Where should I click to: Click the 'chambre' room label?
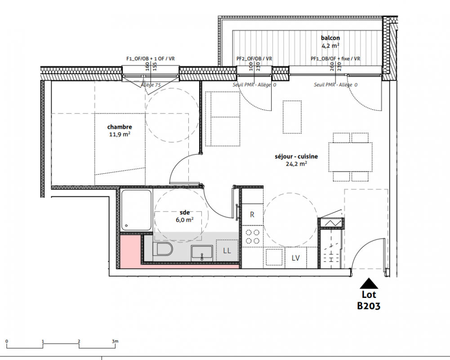pos(120,127)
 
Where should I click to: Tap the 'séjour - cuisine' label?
pos(296,157)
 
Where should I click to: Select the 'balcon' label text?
pos(330,38)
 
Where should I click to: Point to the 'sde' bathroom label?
pos(184,212)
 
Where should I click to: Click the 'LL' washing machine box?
pos(227,251)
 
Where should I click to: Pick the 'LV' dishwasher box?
pos(296,258)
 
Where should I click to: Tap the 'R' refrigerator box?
pos(252,214)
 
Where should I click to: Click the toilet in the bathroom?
pos(162,248)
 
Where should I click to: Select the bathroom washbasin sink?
pos(202,253)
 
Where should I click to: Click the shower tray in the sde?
pos(136,210)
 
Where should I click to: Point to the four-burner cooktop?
pos(253,236)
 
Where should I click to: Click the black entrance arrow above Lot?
pos(369,283)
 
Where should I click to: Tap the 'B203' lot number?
pos(369,306)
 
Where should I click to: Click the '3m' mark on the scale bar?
pos(115,341)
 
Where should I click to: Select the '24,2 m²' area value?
pos(296,164)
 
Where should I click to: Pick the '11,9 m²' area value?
pos(120,134)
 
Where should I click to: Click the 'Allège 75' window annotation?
pos(151,85)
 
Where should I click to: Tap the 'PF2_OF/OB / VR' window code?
pos(254,58)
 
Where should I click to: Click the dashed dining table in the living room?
pos(350,157)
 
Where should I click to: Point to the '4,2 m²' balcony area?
pos(330,45)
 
